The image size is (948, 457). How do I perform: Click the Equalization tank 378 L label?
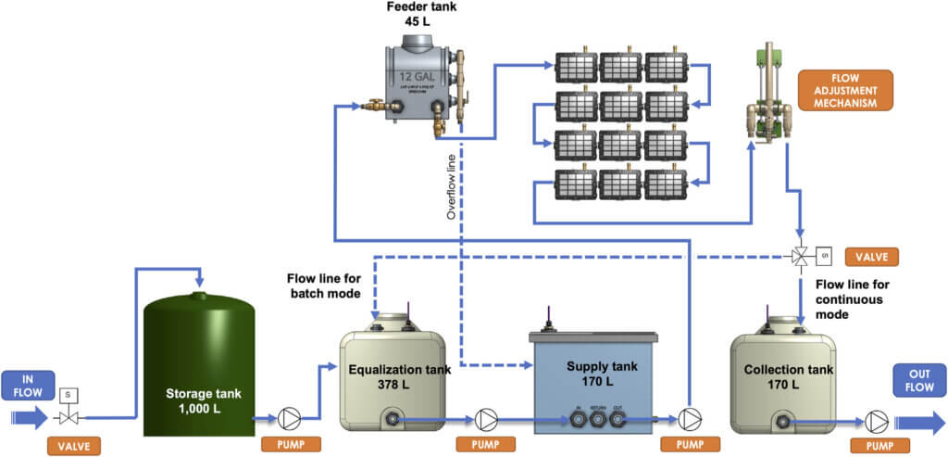pos(399,376)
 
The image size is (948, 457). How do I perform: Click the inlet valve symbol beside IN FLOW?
pos(68,416)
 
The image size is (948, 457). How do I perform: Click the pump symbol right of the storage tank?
pos(289,418)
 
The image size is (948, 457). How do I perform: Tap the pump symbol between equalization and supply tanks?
pos(485,418)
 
